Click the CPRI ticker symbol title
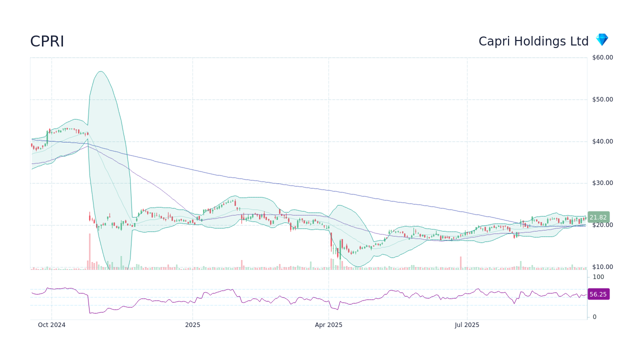coord(47,41)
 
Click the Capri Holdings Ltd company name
coord(533,41)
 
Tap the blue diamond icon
coord(601,40)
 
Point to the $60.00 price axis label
coord(602,57)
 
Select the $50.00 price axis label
coord(602,99)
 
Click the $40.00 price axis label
coord(602,141)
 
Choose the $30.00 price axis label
coord(602,183)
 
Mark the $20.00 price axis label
coord(602,225)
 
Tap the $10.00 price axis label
coord(602,267)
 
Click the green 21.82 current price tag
coord(598,217)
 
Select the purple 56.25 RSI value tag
coord(598,294)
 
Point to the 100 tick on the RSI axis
coord(598,277)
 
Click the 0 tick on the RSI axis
coord(594,317)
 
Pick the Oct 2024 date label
coord(52,325)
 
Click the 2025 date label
coord(192,325)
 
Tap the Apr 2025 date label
coord(328,325)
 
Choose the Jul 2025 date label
coord(467,325)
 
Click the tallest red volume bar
coord(90,251)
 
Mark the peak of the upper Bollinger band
coord(100,71)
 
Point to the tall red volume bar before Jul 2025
coord(460,263)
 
